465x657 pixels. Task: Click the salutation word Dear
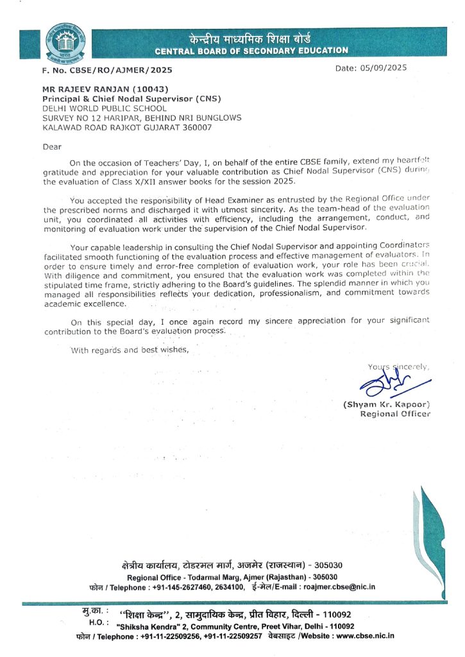tap(52, 146)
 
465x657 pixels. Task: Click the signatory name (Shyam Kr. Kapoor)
tap(386, 404)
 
